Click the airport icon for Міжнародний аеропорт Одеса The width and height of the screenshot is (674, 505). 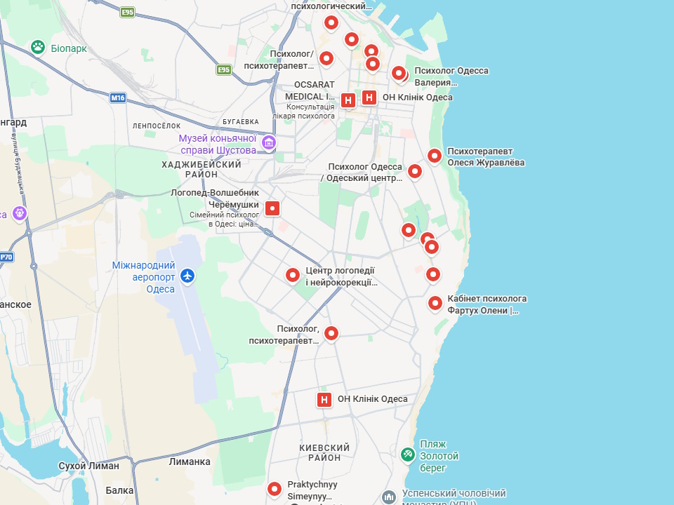[x=187, y=276]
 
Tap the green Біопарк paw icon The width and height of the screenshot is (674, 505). [x=38, y=48]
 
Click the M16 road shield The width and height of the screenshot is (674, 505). [x=118, y=97]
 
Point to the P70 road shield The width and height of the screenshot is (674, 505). [x=6, y=257]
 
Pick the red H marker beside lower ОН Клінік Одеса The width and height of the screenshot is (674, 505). [x=324, y=400]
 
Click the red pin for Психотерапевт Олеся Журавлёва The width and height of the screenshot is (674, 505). [x=435, y=156]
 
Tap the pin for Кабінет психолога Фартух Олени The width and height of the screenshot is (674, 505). [x=435, y=303]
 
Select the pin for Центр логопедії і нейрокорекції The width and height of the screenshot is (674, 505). [x=293, y=275]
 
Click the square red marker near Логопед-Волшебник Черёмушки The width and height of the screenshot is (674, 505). [x=272, y=208]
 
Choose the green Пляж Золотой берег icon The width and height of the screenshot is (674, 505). [x=407, y=454]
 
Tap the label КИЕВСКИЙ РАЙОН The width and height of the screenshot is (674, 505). [x=324, y=452]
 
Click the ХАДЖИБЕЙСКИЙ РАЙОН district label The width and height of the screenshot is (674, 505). [x=201, y=169]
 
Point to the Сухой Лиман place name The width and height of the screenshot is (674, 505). [x=88, y=466]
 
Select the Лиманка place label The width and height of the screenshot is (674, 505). [x=190, y=462]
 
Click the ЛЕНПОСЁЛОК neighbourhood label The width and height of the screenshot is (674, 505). [x=157, y=126]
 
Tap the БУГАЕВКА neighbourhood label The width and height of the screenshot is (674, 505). [x=241, y=121]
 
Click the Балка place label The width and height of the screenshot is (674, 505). [x=120, y=491]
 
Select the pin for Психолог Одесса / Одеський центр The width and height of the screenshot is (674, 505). [x=415, y=170]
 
